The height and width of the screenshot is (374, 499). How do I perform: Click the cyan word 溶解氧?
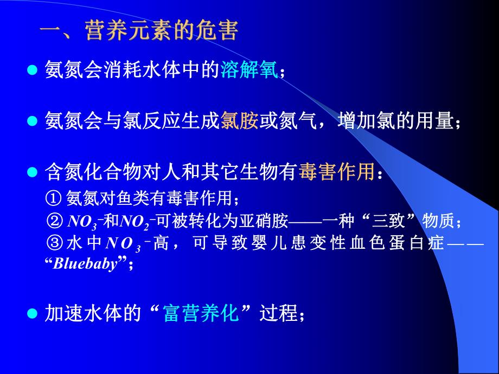point(249,70)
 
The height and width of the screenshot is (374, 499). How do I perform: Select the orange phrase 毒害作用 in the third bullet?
point(336,172)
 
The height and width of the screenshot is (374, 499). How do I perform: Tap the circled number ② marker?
point(54,221)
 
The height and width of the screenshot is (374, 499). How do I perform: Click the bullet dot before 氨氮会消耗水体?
point(32,70)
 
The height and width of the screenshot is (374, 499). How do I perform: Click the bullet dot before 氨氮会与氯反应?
point(32,121)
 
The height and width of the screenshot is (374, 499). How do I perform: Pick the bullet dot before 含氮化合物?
point(32,172)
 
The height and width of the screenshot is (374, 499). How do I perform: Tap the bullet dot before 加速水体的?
point(32,314)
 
